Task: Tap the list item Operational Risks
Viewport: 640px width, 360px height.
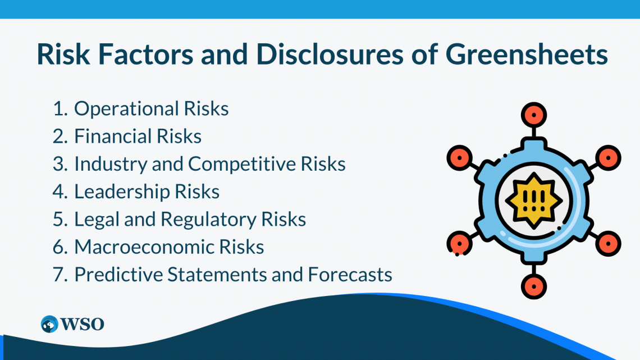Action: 151,108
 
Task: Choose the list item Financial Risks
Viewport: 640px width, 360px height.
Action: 138,136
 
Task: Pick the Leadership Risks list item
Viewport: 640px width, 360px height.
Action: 147,192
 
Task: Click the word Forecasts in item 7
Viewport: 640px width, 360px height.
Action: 350,274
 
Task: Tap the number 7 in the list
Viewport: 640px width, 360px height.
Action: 59,274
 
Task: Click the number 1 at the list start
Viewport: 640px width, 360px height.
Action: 59,108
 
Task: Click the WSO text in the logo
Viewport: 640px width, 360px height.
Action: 83,324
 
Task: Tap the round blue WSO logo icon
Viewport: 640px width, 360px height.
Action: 49,324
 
